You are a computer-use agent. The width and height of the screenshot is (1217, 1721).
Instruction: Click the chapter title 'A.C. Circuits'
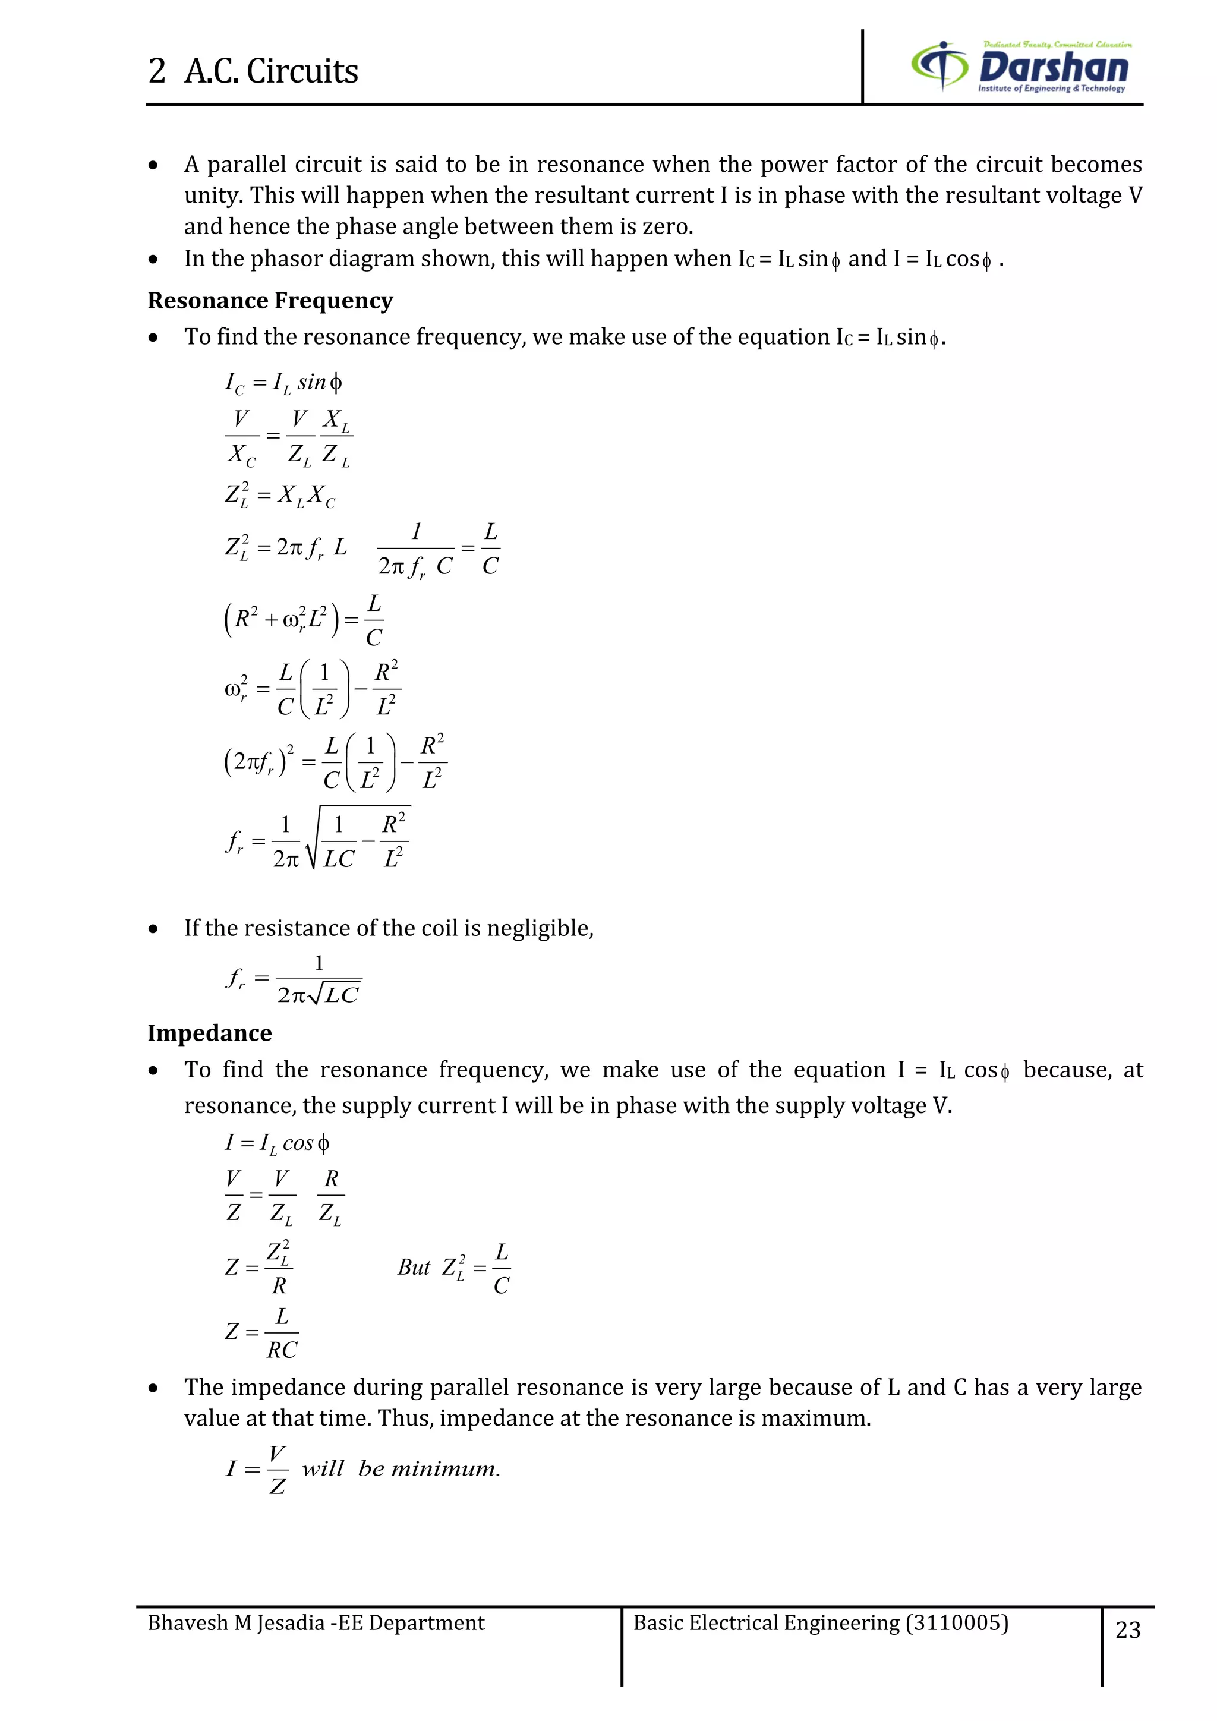coord(272,72)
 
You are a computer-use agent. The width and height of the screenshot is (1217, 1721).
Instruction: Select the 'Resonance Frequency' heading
coord(270,301)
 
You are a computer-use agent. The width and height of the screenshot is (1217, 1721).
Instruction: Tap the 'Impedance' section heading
coord(209,1033)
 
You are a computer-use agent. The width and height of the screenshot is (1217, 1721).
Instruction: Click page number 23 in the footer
coord(1128,1629)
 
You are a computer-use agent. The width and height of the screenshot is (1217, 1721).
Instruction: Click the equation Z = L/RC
coord(262,1333)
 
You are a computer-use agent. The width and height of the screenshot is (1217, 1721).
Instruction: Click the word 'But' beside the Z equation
coord(414,1268)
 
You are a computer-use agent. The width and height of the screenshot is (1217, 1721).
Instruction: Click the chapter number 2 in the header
coord(157,72)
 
